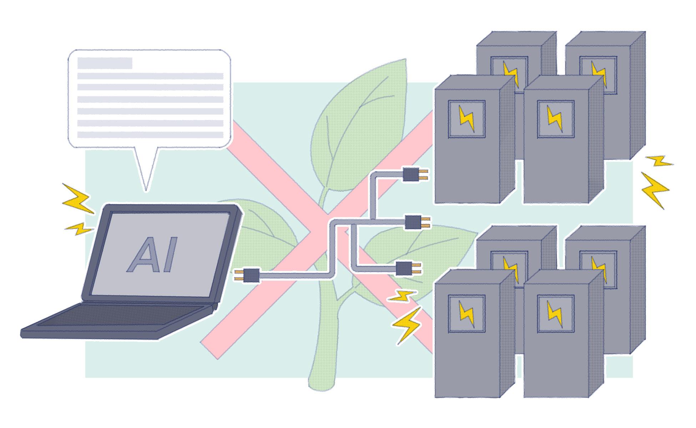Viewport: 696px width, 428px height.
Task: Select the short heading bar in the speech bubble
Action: point(105,63)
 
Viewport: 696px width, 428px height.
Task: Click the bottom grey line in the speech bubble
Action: point(150,134)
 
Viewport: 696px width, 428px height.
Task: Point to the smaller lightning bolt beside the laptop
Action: point(79,228)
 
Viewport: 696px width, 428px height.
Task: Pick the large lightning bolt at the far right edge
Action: point(654,189)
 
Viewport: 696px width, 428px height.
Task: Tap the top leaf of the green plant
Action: point(360,118)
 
